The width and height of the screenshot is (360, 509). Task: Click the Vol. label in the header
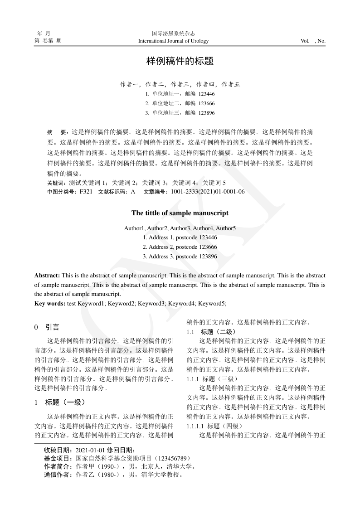305,41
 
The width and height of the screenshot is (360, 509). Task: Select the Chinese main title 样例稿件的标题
180,61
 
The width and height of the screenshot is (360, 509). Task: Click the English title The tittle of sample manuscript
180,213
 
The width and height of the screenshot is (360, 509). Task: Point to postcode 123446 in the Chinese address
206,94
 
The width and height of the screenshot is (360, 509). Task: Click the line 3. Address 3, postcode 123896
180,256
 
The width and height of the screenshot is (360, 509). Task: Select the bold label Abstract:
47,276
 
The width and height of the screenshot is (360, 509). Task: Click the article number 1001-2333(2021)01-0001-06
208,192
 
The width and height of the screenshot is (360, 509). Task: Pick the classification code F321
86,192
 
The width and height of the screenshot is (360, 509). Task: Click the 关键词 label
56,183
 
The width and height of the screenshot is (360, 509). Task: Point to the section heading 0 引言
47,327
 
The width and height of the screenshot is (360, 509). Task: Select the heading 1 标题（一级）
60,402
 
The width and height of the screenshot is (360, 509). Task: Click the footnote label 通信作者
58,475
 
